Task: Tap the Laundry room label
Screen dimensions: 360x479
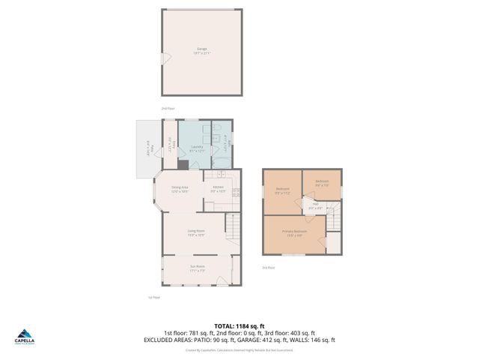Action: pyautogui.click(x=196, y=148)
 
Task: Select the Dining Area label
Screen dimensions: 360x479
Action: pyautogui.click(x=180, y=188)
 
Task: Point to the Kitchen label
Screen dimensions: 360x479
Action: pyautogui.click(x=218, y=188)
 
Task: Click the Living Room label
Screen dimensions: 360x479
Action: pyautogui.click(x=196, y=232)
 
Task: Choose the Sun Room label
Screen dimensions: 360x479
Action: pyautogui.click(x=197, y=268)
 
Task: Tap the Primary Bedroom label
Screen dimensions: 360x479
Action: pyautogui.click(x=293, y=232)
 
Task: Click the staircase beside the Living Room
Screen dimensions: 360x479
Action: pyautogui.click(x=234, y=223)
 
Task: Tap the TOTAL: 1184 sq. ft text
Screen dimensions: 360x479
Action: pyautogui.click(x=239, y=326)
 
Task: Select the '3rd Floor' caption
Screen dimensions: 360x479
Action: pyautogui.click(x=268, y=267)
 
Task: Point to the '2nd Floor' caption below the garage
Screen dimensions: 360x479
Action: pyautogui.click(x=168, y=108)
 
